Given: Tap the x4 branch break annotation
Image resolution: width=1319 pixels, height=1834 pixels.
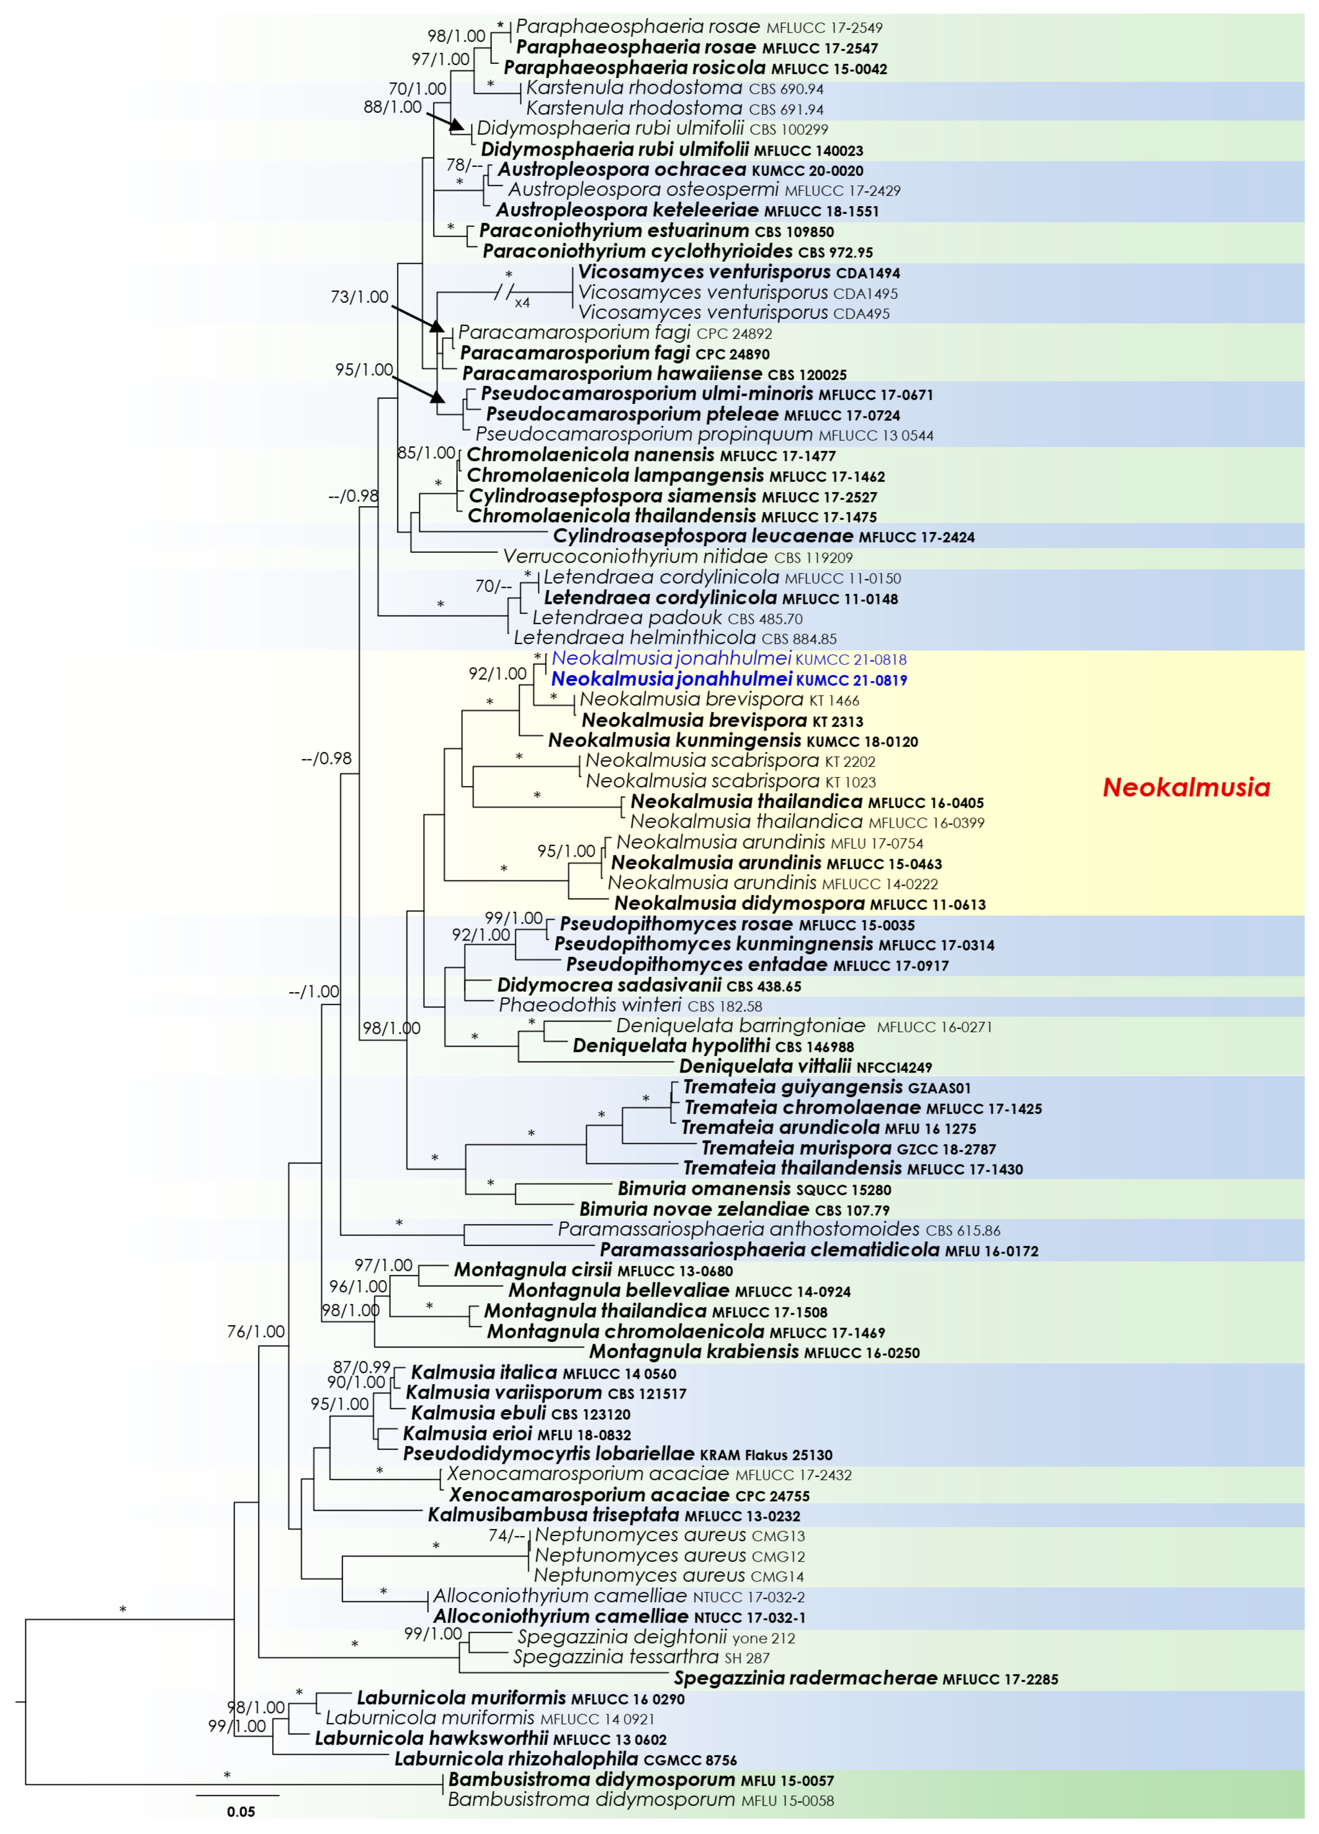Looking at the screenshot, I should [x=522, y=303].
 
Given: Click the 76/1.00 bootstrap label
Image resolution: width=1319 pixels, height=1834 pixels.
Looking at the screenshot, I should [x=255, y=1331].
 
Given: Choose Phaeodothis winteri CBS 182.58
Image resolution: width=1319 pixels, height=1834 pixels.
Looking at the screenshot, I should [x=630, y=1005].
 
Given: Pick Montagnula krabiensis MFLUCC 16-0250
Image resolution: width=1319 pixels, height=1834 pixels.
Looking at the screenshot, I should [x=754, y=1351].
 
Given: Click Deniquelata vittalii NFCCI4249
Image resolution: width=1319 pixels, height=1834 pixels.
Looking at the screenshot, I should [x=805, y=1067].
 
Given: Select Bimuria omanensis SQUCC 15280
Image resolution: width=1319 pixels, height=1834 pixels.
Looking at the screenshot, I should [x=754, y=1189].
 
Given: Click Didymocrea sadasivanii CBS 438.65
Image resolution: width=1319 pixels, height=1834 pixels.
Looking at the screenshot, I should [x=649, y=985].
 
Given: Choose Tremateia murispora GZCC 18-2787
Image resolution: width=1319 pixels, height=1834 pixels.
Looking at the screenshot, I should [x=848, y=1148].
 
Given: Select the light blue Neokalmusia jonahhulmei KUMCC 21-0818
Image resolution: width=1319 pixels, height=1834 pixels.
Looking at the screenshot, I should [x=729, y=659].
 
